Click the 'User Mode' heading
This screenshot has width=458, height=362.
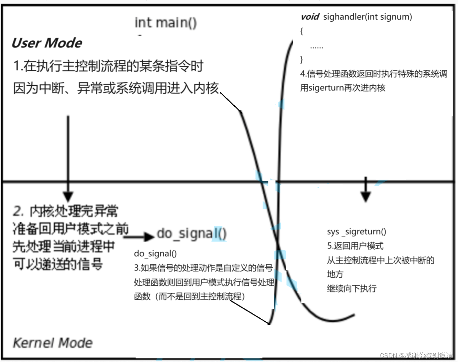click(x=47, y=43)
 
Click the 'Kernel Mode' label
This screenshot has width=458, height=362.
click(x=53, y=343)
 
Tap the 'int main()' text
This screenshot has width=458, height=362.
click(x=166, y=23)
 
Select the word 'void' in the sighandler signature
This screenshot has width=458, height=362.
click(x=310, y=17)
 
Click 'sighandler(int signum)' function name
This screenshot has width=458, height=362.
click(x=368, y=17)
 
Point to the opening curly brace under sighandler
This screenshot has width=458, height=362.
click(x=302, y=31)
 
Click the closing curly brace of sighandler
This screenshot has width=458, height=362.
click(x=302, y=59)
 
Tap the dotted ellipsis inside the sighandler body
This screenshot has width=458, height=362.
click(x=317, y=47)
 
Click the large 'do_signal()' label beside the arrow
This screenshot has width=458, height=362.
click(x=191, y=234)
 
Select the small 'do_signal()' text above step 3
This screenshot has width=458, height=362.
click(x=155, y=254)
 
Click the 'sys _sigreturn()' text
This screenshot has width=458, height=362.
click(x=356, y=232)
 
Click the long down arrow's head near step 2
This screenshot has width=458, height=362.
click(x=68, y=197)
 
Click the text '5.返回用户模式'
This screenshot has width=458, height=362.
click(x=355, y=246)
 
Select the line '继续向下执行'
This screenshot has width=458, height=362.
click(x=352, y=288)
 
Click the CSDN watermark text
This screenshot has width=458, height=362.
click(x=416, y=355)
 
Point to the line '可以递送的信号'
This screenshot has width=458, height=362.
click(x=58, y=264)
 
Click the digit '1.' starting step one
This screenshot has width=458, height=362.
click(x=18, y=66)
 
